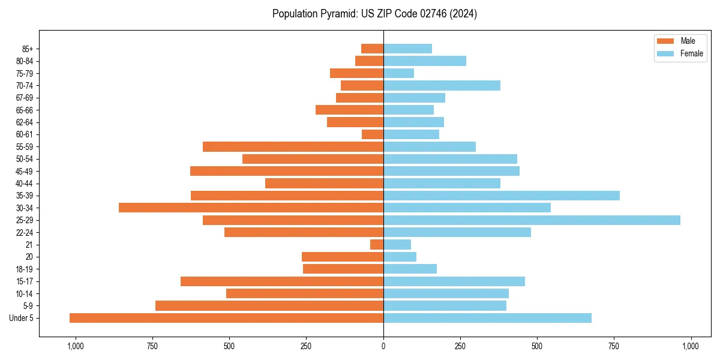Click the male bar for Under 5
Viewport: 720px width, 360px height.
(x=226, y=318)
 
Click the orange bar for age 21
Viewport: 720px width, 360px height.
(x=377, y=244)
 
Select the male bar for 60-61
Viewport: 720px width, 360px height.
(x=373, y=134)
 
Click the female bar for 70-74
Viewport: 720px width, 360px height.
(x=442, y=85)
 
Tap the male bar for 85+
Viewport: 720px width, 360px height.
(x=372, y=49)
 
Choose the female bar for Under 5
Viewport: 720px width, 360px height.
(x=487, y=318)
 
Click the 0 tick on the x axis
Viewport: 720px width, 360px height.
(x=383, y=347)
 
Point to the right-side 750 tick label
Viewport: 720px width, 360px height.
(x=614, y=347)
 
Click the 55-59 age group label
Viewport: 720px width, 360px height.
(x=24, y=147)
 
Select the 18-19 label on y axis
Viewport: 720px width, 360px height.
(x=24, y=269)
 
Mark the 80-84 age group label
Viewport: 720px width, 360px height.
(x=24, y=61)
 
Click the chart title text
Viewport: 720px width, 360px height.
(x=374, y=14)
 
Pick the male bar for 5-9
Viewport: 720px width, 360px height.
(x=269, y=306)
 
